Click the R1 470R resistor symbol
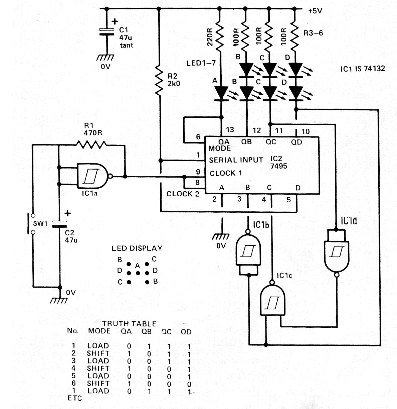tap(91, 145)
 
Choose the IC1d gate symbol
tap(336, 253)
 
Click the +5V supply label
tap(315, 11)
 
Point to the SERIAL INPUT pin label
tap(236, 160)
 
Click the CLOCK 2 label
tap(183, 194)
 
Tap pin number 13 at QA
tap(230, 130)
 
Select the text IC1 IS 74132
tap(363, 69)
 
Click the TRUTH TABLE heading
tap(129, 323)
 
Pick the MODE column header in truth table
tap(99, 331)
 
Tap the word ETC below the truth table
tap(74, 398)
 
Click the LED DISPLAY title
tap(137, 248)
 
